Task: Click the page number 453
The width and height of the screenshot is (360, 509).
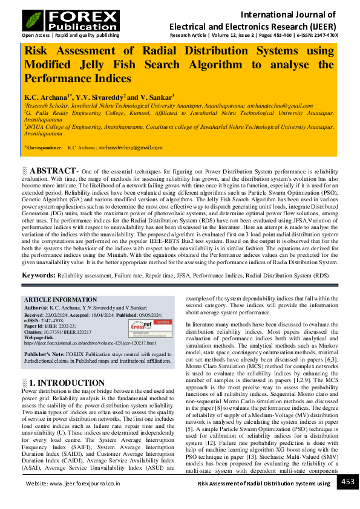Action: pyautogui.click(x=347, y=482)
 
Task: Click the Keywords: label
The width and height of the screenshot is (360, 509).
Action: pyautogui.click(x=39, y=276)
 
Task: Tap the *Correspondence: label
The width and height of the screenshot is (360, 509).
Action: pyautogui.click(x=44, y=147)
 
